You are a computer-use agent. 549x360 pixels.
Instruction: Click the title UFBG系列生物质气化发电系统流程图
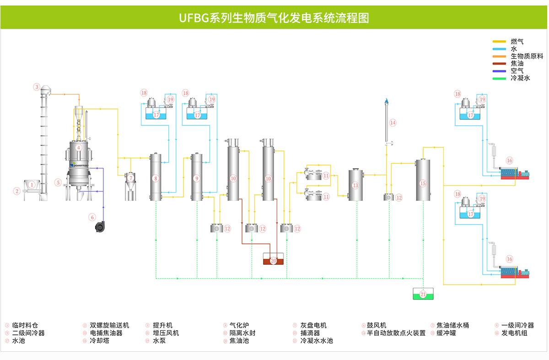pyautogui.click(x=274, y=18)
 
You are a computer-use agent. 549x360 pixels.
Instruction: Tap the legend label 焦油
pyautogui.click(x=517, y=64)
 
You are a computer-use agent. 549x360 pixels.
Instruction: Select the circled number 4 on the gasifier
pyautogui.click(x=79, y=148)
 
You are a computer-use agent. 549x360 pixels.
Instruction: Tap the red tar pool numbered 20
pyautogui.click(x=273, y=261)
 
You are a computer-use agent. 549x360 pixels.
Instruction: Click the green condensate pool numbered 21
pyautogui.click(x=423, y=295)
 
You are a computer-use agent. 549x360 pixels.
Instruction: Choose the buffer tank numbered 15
pyautogui.click(x=423, y=181)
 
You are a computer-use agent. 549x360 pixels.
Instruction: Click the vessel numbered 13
pyautogui.click(x=356, y=185)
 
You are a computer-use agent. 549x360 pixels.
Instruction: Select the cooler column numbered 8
pyautogui.click(x=156, y=177)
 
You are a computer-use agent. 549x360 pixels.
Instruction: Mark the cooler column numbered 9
pyautogui.click(x=197, y=177)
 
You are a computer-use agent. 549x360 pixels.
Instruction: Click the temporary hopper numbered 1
pyautogui.click(x=32, y=185)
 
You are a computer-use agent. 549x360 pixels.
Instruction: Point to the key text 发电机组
pyautogui.click(x=514, y=333)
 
